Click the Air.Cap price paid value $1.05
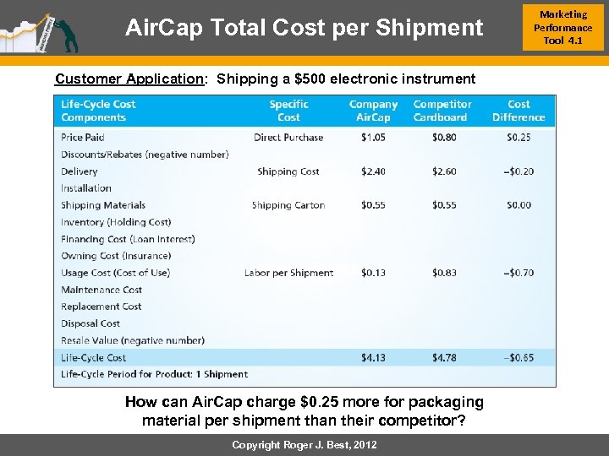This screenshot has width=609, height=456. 373,138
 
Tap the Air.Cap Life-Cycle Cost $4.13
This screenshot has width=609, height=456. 373,357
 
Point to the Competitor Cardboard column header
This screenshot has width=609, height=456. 441,111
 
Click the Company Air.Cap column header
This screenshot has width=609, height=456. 373,111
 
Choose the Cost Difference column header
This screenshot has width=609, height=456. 518,111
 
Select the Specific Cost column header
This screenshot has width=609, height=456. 288,111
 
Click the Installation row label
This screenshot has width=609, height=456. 86,188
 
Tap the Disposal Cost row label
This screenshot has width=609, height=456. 91,323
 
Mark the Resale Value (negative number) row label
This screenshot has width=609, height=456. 133,340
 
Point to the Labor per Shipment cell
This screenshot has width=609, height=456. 288,273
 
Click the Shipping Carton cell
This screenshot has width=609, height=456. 288,205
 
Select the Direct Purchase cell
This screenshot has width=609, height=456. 288,138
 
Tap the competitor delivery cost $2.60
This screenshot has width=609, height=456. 444,171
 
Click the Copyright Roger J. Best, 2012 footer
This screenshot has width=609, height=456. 304,445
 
